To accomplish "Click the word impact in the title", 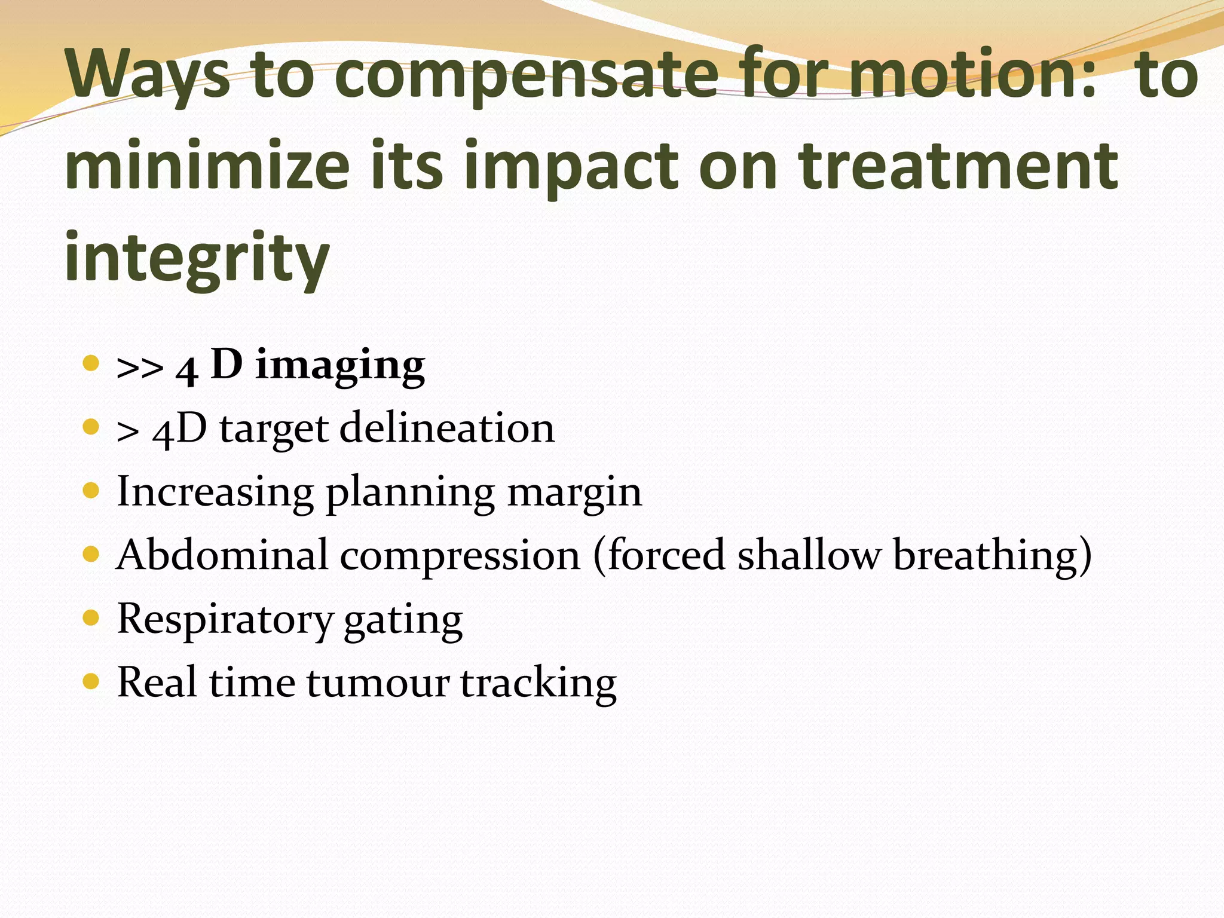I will [571, 167].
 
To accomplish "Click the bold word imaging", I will [340, 366].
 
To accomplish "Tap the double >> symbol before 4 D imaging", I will [140, 368].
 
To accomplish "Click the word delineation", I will [447, 428].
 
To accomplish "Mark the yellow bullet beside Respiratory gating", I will [91, 617].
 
